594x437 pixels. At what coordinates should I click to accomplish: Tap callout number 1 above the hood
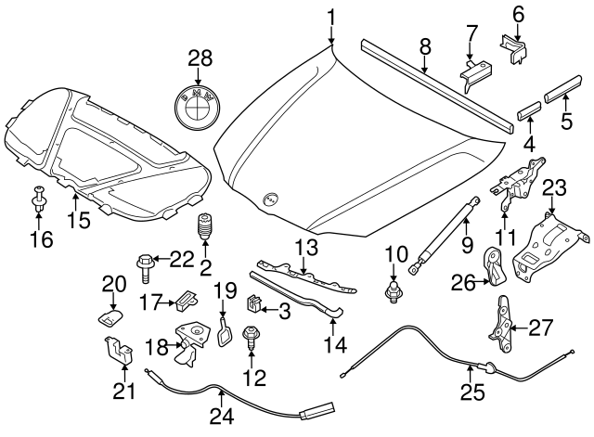tap(332, 18)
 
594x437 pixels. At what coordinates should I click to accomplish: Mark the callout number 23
tap(553, 189)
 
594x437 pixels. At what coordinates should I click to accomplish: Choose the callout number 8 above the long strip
tap(425, 45)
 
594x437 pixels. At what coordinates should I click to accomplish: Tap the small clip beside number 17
tap(187, 299)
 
